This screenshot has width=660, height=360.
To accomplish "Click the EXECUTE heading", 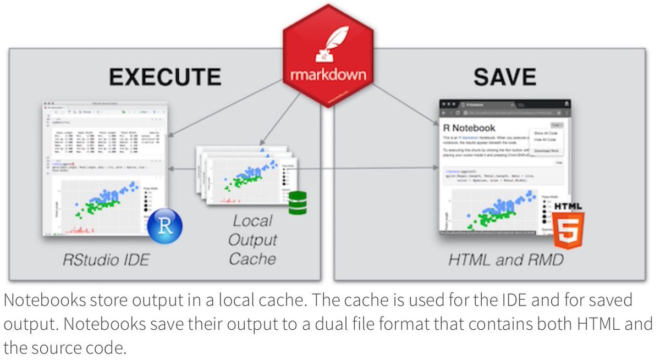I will [165, 76].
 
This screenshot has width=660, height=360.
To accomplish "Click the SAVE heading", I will [504, 76].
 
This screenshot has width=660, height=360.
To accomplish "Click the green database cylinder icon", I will [298, 202].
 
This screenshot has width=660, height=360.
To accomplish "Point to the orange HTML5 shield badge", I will [568, 226].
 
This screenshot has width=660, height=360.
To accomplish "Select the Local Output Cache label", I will [252, 240].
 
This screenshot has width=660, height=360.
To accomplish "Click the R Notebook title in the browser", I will [469, 128].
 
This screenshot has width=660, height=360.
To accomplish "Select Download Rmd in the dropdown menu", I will [547, 150].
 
